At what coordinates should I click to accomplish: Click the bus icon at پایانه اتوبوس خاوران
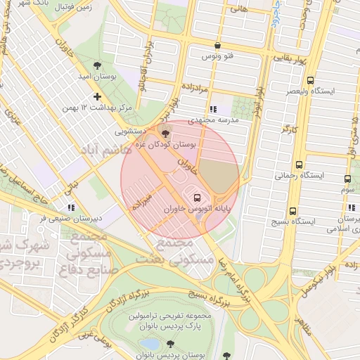[x=196, y=198]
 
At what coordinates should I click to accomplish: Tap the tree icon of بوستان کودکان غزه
[x=165, y=132]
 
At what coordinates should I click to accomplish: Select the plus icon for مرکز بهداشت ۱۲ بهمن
[x=97, y=96]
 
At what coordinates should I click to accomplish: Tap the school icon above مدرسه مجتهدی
[x=213, y=109]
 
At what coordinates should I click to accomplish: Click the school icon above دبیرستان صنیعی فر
[x=70, y=207]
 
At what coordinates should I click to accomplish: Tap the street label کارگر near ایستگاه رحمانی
[x=288, y=129]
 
